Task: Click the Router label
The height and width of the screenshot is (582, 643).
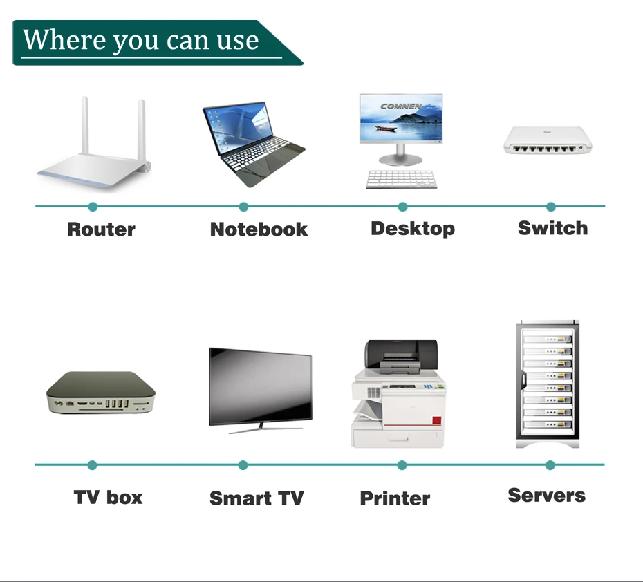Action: [101, 229]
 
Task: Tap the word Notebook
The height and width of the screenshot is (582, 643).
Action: [259, 229]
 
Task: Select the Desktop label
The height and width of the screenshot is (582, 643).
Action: [413, 229]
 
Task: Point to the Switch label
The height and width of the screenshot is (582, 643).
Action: [552, 228]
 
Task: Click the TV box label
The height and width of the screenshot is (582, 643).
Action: [108, 497]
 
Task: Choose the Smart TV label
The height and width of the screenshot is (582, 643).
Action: [257, 498]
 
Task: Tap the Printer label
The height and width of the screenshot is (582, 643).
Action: [395, 498]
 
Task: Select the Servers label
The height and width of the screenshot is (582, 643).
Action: [546, 495]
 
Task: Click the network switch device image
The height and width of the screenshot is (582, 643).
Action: [548, 140]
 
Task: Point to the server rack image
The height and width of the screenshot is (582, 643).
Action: [547, 384]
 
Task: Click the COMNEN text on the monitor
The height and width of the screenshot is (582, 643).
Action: [401, 106]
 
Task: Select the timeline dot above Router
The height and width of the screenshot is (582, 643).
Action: [93, 206]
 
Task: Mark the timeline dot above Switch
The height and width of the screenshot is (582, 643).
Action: [550, 206]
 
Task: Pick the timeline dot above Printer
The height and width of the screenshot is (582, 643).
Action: [402, 465]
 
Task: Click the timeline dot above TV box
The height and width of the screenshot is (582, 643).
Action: [93, 465]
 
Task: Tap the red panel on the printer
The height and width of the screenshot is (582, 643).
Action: [437, 422]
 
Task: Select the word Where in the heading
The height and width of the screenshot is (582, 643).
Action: [62, 39]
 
